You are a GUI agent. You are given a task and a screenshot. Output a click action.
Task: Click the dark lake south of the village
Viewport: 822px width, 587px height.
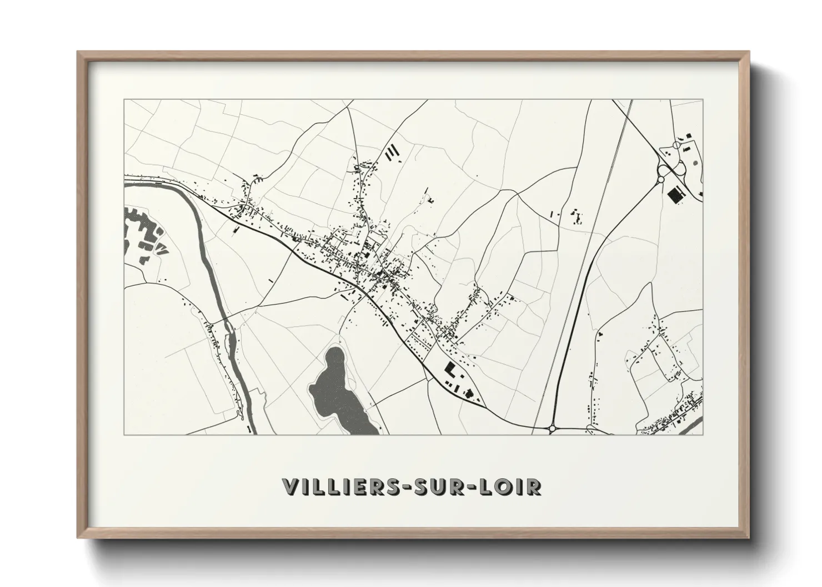coord(335,391)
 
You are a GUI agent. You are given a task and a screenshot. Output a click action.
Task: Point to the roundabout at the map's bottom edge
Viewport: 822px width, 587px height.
coord(553,428)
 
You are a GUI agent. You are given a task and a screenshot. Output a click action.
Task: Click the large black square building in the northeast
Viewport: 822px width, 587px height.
coord(675,194)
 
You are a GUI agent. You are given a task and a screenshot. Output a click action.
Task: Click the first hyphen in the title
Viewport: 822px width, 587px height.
coord(410,487)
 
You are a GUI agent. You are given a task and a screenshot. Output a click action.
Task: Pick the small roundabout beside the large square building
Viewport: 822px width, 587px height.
coord(661,179)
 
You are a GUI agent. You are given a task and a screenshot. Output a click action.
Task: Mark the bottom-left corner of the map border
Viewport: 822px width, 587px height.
coord(124,434)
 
